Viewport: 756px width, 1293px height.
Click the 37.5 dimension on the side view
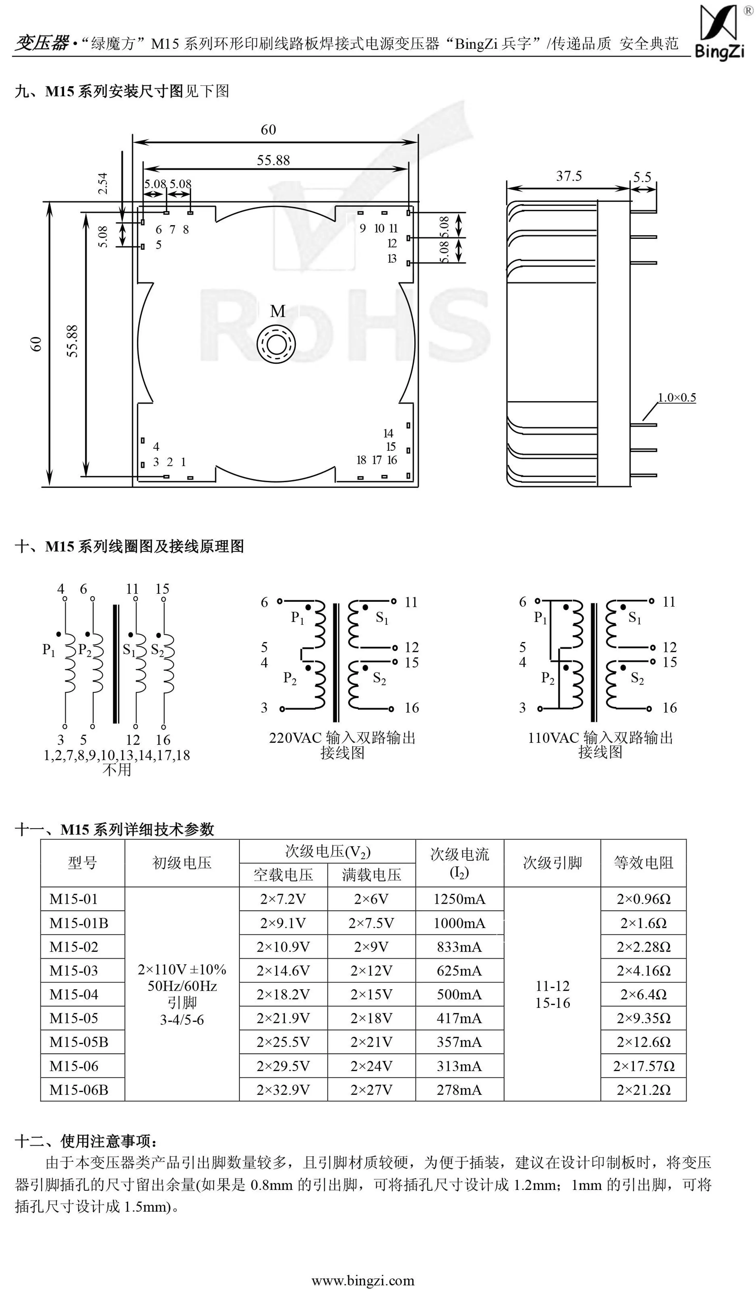[569, 176]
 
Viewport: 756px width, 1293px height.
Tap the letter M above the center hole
[278, 311]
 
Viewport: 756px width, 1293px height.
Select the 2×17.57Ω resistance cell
[644, 1066]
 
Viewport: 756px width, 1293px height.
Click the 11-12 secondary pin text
[553, 986]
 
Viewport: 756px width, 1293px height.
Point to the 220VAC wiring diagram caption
[342, 745]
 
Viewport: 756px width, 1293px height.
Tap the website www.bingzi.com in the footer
[363, 1281]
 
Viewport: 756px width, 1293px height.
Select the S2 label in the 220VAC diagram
[379, 678]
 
